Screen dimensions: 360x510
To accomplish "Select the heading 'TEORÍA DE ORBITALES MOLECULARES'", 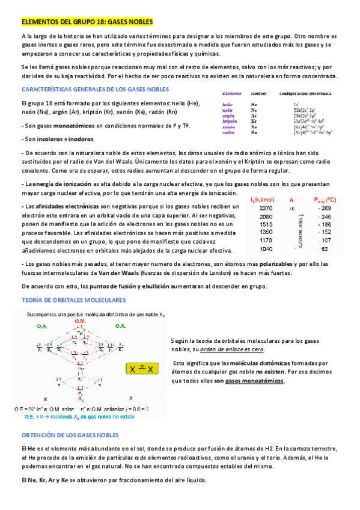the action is [x=73, y=299].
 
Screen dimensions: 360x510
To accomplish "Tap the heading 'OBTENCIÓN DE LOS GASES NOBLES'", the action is [x=70, y=435].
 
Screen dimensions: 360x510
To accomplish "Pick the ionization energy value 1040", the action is [x=266, y=248].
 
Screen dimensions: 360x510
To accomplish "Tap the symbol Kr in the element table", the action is [x=254, y=121].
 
